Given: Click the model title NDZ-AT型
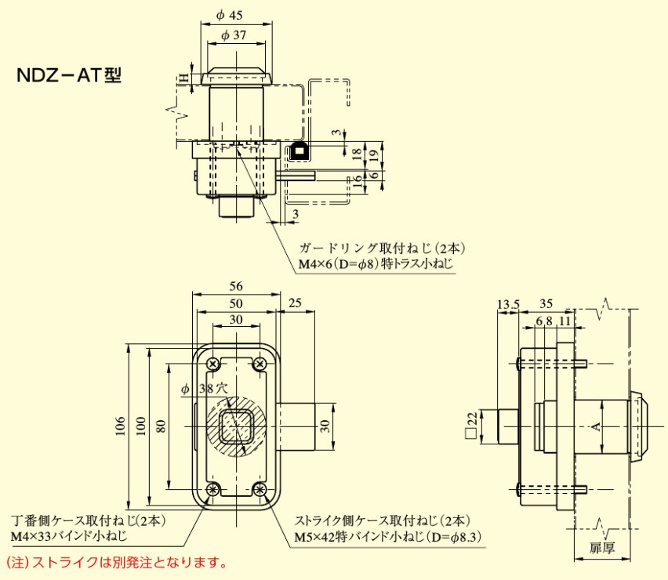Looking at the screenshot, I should coord(69,76).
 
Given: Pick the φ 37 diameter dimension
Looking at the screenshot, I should coord(234,34).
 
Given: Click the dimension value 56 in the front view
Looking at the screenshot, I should coord(236,286).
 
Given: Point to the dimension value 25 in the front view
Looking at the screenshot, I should coord(296,303).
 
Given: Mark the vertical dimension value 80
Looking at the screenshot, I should coord(161,425).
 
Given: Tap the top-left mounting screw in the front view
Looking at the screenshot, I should coord(213,364).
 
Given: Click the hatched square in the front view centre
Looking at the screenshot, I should coord(236,426).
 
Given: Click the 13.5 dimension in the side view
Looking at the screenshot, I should coord(507,304).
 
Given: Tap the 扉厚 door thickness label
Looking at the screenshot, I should coord(602,548).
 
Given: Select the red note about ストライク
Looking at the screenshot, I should coord(117,563).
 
